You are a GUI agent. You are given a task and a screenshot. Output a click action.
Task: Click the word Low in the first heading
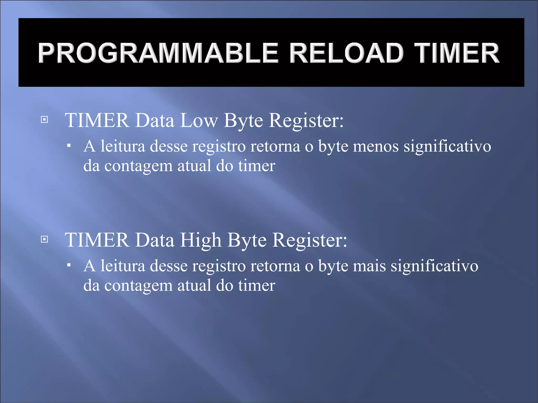click(199, 121)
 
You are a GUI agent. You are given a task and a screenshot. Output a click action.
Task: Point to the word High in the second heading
click(200, 240)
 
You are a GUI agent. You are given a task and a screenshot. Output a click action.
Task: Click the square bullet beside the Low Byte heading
click(45, 120)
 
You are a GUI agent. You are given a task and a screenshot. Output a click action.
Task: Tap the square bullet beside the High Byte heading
click(45, 239)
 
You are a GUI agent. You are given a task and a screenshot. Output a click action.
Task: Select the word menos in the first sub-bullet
click(376, 146)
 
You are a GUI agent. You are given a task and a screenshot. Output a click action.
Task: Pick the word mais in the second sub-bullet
click(369, 266)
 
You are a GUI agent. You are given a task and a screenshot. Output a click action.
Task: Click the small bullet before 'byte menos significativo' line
click(69, 145)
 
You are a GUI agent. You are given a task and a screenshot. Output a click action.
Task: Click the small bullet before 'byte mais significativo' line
click(69, 265)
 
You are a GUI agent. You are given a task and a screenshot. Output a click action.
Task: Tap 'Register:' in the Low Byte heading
click(306, 121)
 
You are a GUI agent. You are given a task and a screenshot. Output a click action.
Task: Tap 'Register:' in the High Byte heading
click(309, 240)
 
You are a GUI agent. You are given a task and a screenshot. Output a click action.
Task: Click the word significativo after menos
click(447, 146)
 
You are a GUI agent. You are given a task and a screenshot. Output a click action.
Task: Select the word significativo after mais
click(434, 266)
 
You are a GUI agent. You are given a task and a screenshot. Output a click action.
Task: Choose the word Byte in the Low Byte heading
click(243, 121)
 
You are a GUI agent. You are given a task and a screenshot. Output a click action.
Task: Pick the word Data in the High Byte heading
click(155, 240)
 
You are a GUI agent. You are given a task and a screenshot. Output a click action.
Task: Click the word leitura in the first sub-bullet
click(123, 146)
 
